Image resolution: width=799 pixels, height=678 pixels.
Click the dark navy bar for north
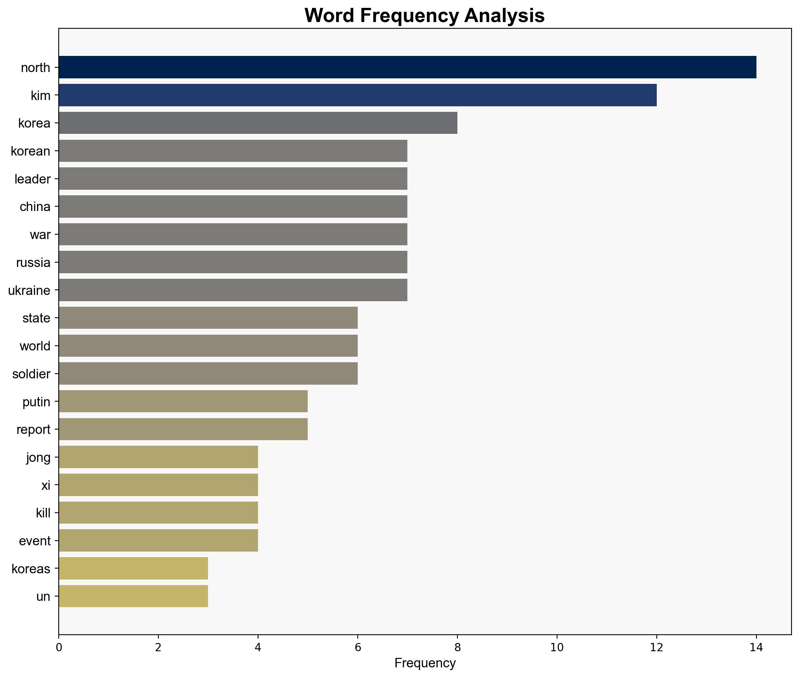(x=407, y=67)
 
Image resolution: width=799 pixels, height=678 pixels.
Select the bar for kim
(x=357, y=95)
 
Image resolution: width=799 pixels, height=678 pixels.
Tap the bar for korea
(x=258, y=123)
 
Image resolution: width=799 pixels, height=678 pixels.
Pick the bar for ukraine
(x=233, y=290)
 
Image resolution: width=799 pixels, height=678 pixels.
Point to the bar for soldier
(x=208, y=374)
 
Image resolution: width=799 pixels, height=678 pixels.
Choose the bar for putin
(x=183, y=402)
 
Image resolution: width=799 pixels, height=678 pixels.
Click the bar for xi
(x=158, y=485)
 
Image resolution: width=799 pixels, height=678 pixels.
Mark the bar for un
(x=133, y=596)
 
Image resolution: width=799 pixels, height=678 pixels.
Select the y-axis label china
(x=35, y=207)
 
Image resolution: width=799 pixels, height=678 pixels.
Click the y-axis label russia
(x=33, y=263)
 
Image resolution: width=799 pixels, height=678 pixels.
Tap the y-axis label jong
(x=38, y=458)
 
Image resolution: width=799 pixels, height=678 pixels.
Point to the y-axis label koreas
(x=31, y=569)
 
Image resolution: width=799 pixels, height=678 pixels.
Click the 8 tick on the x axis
(x=457, y=648)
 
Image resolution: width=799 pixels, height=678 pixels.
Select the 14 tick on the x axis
(x=756, y=648)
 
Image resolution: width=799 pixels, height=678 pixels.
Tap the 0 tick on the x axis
(x=59, y=648)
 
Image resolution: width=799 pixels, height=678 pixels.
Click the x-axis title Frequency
(x=425, y=663)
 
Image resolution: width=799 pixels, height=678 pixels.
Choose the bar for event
(x=158, y=541)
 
